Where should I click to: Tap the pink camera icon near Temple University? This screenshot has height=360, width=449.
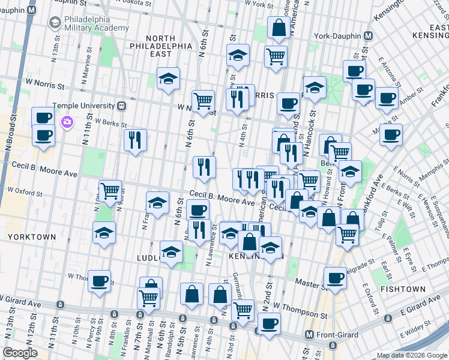(67, 122)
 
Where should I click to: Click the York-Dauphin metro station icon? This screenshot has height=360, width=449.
(369, 35)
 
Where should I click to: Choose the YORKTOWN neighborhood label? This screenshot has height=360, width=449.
(31, 237)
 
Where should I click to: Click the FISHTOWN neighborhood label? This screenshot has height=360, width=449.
(402, 289)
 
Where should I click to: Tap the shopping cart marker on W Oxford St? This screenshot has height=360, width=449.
(110, 191)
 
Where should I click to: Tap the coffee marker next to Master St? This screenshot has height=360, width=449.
(335, 277)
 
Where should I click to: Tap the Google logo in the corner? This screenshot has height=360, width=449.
(20, 353)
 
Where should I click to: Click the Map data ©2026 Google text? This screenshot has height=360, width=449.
(412, 355)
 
